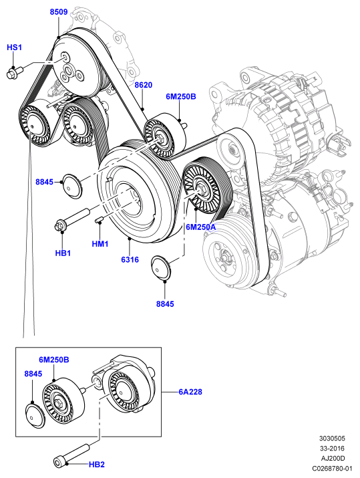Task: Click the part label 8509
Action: click(x=59, y=12)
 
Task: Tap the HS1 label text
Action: click(x=14, y=47)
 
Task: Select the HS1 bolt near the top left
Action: click(x=15, y=73)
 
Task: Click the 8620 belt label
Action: click(x=143, y=85)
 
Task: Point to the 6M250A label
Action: click(x=201, y=227)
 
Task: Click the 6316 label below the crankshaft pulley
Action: click(x=130, y=260)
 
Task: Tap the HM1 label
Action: click(x=100, y=244)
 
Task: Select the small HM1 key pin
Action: click(x=99, y=219)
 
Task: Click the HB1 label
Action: click(x=63, y=253)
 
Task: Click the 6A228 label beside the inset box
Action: click(x=190, y=392)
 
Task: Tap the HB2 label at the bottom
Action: click(x=97, y=465)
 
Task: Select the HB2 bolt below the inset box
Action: click(x=72, y=454)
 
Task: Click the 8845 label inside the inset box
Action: click(x=33, y=374)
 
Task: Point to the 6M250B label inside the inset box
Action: click(x=54, y=360)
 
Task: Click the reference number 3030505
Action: click(x=332, y=439)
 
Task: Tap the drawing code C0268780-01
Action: click(x=332, y=468)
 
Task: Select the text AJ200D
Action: click(x=333, y=458)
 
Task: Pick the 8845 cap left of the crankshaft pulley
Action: click(x=72, y=186)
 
